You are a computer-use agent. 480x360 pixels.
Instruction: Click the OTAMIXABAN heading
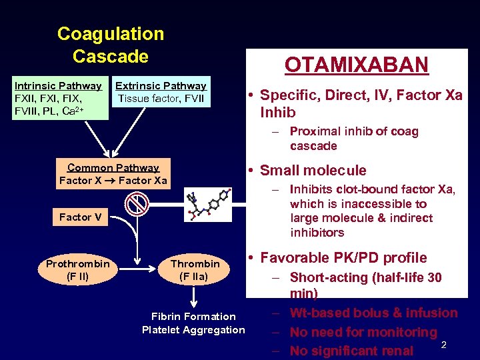(356, 65)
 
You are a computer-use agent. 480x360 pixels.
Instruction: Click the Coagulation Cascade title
(111, 45)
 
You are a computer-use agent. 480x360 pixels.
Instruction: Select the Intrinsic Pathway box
(58, 98)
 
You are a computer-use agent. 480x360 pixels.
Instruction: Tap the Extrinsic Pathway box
(161, 93)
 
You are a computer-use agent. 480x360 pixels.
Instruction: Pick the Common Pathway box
(113, 174)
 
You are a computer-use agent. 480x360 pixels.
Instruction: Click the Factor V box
(80, 217)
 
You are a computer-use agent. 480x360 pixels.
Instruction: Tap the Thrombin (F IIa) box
(195, 270)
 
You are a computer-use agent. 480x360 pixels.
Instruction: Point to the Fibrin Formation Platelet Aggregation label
(193, 323)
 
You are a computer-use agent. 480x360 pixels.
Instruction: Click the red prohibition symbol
(137, 203)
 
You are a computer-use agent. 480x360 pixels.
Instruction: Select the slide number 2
(443, 344)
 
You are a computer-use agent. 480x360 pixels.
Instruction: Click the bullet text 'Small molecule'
(313, 171)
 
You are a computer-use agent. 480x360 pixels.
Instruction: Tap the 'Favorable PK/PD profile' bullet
(343, 258)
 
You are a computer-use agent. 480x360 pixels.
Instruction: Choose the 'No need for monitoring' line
(363, 332)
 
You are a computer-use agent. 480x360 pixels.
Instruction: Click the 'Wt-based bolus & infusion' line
(373, 313)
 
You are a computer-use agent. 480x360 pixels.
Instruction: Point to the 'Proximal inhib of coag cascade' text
(353, 139)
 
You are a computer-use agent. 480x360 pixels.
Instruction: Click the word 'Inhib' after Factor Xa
(277, 112)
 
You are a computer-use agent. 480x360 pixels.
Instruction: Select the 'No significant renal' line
(351, 351)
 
